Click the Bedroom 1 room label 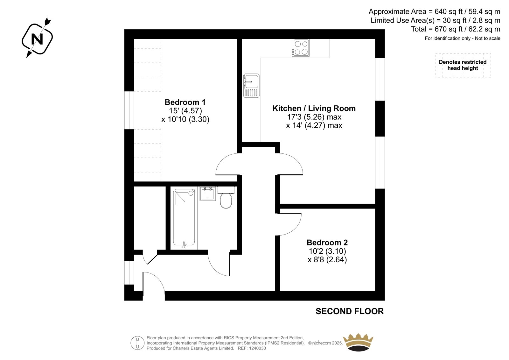(x=185, y=102)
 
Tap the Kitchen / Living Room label (x=314, y=109)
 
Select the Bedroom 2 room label (x=327, y=243)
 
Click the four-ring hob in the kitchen (x=300, y=47)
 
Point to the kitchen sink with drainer (x=251, y=86)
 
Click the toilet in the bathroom (x=226, y=197)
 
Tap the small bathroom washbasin (x=207, y=194)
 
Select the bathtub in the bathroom (x=184, y=218)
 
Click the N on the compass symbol (x=37, y=39)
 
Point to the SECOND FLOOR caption (x=350, y=311)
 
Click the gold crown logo (x=358, y=342)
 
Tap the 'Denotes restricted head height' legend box (x=463, y=65)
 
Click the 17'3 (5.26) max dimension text (x=314, y=117)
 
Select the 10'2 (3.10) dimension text (x=327, y=251)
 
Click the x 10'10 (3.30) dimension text (x=185, y=119)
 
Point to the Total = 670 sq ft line (x=456, y=29)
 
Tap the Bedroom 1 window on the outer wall (x=129, y=110)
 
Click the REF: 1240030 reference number (x=252, y=348)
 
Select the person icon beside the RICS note (x=137, y=343)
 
